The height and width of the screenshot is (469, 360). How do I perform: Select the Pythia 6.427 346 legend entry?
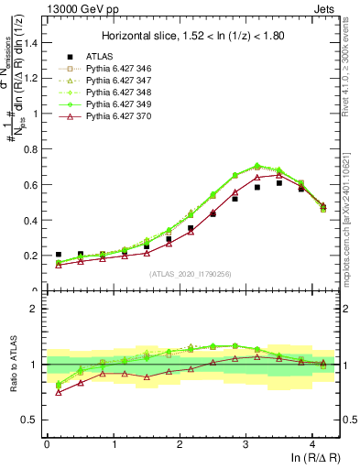117,69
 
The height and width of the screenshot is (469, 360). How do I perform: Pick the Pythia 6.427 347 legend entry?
117,81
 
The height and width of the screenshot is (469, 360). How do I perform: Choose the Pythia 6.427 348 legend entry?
117,93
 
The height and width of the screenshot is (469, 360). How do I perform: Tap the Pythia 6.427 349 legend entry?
117,104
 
